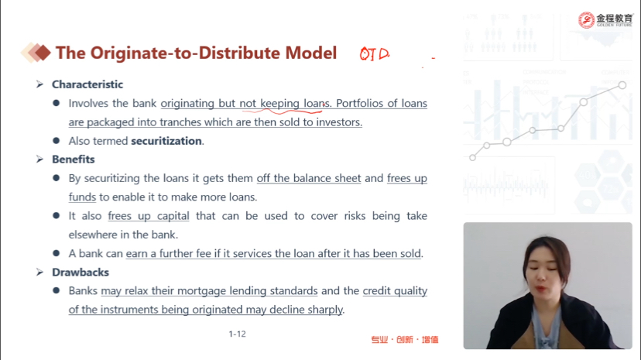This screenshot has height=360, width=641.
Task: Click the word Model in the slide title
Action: coord(310,53)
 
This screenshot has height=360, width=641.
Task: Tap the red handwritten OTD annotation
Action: coord(374,54)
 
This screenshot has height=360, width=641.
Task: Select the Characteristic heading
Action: coord(87,84)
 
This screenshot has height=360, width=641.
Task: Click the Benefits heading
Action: coord(74,159)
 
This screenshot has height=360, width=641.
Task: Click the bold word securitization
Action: coord(166,141)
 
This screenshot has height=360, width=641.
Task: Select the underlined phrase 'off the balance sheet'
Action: coord(309,179)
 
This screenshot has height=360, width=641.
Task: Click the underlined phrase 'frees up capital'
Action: coord(149,216)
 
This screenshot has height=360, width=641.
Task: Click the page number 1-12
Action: coord(237,334)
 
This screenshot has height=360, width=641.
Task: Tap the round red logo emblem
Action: coord(586,20)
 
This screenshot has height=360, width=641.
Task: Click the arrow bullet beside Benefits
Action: coord(39,159)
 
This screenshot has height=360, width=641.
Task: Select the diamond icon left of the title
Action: coord(36,53)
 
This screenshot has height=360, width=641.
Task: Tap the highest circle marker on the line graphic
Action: coord(622,85)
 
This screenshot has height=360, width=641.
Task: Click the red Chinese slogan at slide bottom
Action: coord(404,340)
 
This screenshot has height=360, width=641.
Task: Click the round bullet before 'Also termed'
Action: coord(57,141)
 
